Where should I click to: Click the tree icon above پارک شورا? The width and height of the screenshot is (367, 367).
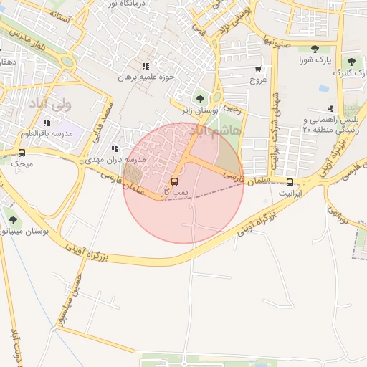point(315,49)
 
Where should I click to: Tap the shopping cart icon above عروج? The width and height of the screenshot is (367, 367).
point(258,69)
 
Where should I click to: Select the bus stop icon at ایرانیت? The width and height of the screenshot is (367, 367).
point(290,182)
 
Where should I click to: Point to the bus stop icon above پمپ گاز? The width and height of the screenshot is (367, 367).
point(174,181)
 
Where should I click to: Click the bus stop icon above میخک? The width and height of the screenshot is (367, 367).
point(22,153)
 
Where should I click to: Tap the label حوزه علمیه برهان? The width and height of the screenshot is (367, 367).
point(143,76)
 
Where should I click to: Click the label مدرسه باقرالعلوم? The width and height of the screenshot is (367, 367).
point(47,133)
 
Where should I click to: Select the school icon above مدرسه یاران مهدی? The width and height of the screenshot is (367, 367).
point(115,148)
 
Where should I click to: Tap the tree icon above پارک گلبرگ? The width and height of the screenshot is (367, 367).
point(351,62)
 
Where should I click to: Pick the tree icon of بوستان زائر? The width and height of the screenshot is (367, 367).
point(200,98)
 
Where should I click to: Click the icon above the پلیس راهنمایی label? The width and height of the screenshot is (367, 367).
point(330,108)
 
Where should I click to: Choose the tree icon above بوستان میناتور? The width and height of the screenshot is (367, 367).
point(14,219)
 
